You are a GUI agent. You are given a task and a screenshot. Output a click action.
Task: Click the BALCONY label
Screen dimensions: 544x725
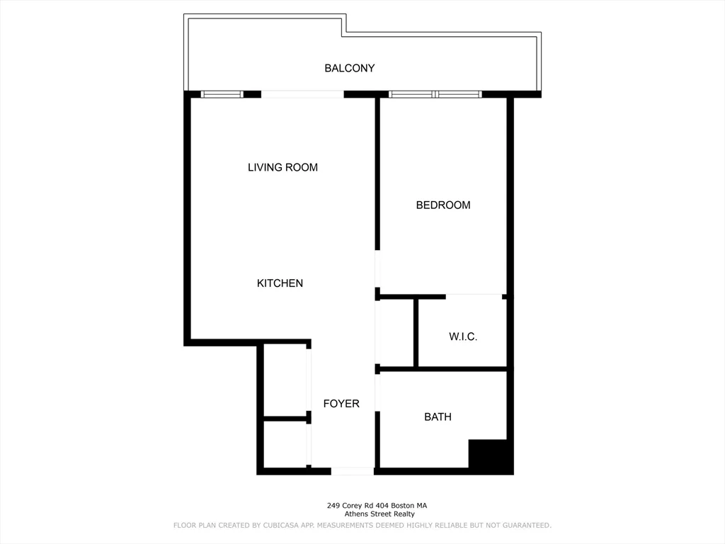(x=349, y=69)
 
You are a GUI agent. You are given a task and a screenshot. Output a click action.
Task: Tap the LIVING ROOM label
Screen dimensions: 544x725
(x=282, y=168)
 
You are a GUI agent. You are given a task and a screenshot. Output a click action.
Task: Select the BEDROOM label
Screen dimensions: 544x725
(x=443, y=205)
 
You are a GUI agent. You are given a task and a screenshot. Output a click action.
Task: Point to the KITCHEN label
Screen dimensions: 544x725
(x=280, y=283)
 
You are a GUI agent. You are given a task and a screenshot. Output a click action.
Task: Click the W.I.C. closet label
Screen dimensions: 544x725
(x=463, y=337)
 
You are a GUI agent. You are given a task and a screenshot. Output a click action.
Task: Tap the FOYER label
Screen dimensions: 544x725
(x=341, y=404)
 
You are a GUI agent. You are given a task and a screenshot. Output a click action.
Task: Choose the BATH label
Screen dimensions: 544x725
(x=438, y=417)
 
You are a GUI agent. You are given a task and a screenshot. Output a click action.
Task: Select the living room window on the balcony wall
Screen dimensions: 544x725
(x=222, y=94)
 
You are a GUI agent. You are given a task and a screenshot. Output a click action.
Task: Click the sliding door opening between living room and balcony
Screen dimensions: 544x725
(x=302, y=94)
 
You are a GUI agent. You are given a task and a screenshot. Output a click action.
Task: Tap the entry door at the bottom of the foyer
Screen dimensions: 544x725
(x=352, y=471)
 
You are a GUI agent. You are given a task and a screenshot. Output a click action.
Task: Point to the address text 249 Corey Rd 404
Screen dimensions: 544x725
(x=377, y=506)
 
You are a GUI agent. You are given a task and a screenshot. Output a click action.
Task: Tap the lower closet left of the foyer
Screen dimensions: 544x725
(x=285, y=444)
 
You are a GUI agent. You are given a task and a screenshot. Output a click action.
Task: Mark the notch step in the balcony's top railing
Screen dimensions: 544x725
(x=343, y=26)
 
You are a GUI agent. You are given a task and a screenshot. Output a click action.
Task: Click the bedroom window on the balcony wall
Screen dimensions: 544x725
(x=435, y=94)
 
